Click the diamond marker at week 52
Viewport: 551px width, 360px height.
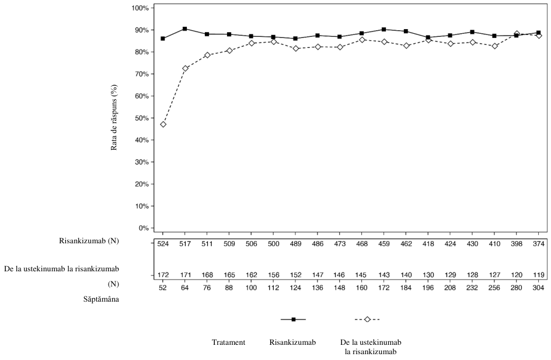pos(163,124)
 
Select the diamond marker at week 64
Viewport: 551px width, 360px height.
pos(185,68)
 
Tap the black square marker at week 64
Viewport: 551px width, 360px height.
pos(185,29)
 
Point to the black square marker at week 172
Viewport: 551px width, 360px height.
pos(383,30)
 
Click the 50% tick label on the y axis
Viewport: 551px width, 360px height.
pos(142,118)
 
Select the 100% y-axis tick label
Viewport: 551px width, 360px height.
pos(141,8)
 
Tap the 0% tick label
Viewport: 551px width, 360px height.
pos(144,228)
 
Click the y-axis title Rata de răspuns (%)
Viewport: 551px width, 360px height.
pos(114,118)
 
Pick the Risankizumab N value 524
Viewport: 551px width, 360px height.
pos(163,244)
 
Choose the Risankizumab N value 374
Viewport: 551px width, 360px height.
pos(538,244)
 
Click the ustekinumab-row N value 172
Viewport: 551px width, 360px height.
pos(163,275)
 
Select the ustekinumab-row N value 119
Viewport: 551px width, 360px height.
pos(538,275)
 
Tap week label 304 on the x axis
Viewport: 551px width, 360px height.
pos(538,288)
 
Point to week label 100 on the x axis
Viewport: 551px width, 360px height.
pos(251,288)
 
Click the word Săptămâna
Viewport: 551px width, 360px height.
pos(101,299)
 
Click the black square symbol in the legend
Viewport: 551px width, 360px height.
pos(294,319)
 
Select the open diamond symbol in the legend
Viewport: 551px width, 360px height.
pos(367,319)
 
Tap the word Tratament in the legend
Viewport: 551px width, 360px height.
pos(228,342)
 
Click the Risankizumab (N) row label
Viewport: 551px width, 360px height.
pos(89,241)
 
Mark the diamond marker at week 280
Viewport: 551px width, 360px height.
pos(517,34)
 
